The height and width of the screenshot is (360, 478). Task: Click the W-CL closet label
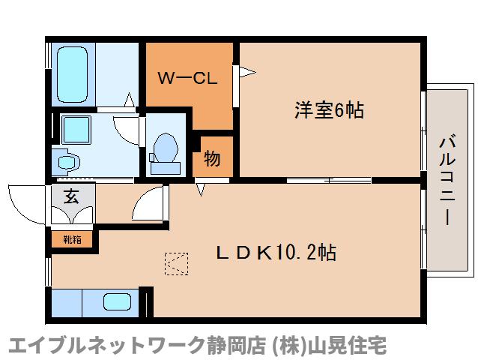(188, 79)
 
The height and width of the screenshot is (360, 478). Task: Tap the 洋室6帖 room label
(329, 110)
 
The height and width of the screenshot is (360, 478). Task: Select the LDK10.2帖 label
(276, 253)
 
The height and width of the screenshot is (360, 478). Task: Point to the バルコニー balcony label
(447, 181)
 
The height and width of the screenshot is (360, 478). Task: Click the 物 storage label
(212, 158)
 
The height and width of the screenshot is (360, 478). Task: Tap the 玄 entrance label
(72, 196)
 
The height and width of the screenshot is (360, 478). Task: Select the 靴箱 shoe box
(72, 239)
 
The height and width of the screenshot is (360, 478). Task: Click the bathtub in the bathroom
(72, 74)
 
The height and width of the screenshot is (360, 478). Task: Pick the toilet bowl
(166, 148)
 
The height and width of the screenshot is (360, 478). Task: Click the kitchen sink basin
(118, 301)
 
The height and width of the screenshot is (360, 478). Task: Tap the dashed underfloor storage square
(177, 264)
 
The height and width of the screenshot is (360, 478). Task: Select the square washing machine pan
(76, 130)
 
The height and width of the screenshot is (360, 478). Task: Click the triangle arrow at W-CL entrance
(247, 72)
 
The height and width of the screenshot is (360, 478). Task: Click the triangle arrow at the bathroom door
(130, 100)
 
